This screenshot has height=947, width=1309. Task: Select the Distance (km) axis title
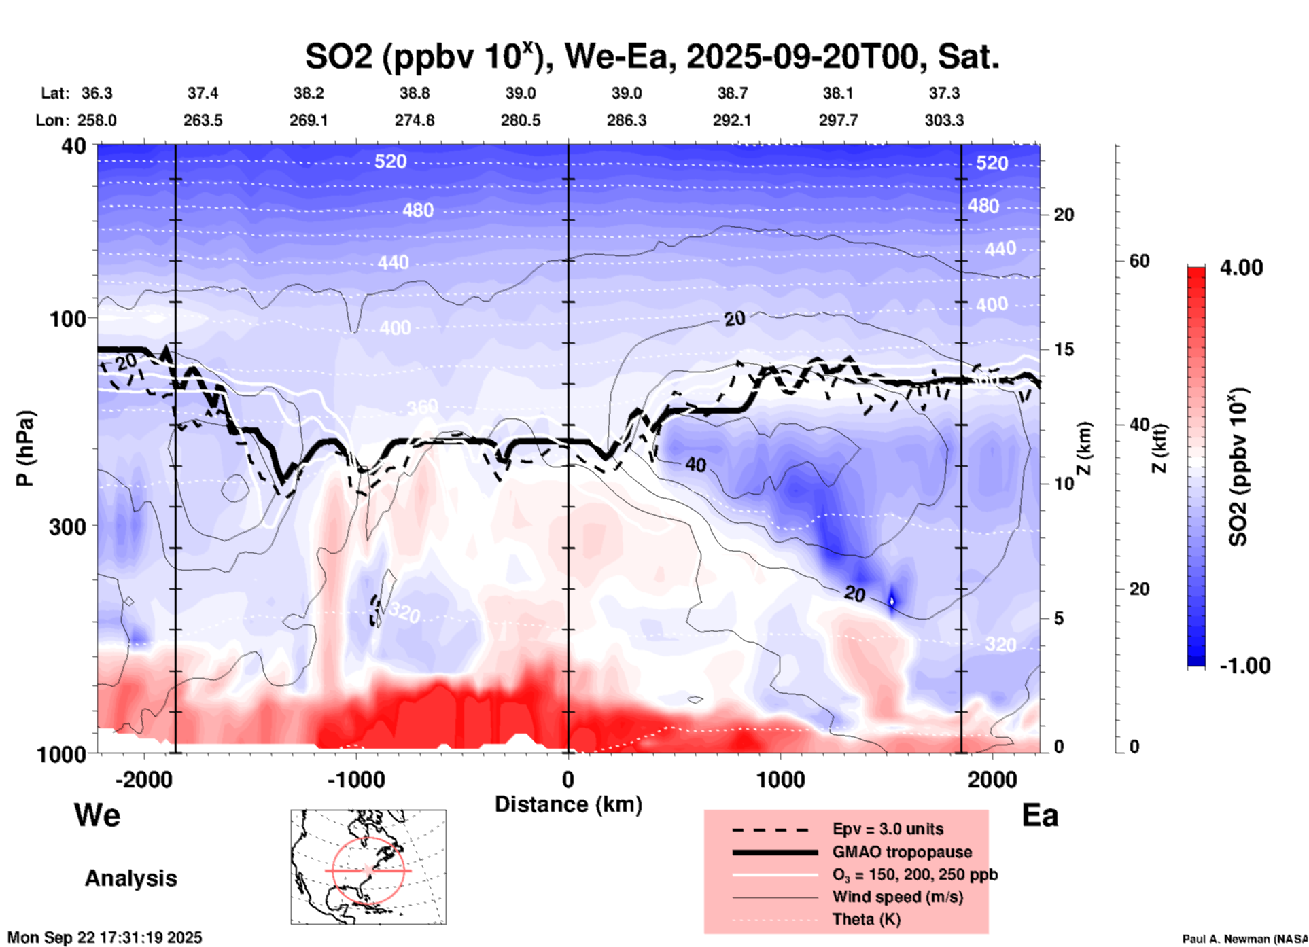pyautogui.click(x=568, y=804)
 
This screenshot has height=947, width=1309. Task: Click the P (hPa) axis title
pyautogui.click(x=25, y=448)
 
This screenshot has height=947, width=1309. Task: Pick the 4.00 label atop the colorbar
pyautogui.click(x=1241, y=268)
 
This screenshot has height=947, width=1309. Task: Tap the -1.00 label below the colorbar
pyautogui.click(x=1244, y=666)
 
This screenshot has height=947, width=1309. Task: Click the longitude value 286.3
pyautogui.click(x=627, y=120)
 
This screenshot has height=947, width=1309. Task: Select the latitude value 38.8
pyautogui.click(x=415, y=93)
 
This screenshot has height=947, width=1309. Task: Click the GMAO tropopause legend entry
pyautogui.click(x=902, y=852)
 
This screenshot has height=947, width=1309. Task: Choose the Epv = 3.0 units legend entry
pyautogui.click(x=888, y=829)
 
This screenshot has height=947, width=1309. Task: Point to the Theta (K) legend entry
pyautogui.click(x=866, y=919)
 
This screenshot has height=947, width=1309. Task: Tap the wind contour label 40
pyautogui.click(x=695, y=465)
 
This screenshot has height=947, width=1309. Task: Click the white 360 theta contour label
pyautogui.click(x=422, y=408)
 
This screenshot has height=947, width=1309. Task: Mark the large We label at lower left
pyautogui.click(x=97, y=815)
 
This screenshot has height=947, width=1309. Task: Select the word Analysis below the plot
pyautogui.click(x=130, y=878)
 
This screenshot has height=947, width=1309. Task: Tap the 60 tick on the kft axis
pyautogui.click(x=1139, y=261)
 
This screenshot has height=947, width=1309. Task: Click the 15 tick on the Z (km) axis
pyautogui.click(x=1064, y=349)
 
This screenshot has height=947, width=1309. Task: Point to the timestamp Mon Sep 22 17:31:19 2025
pyautogui.click(x=105, y=937)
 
